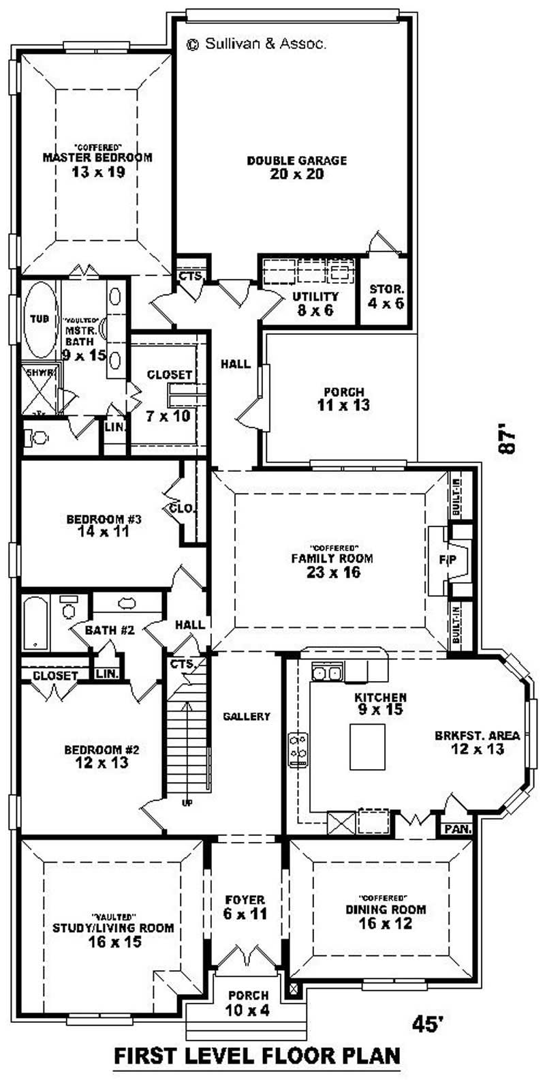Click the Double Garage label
[x=296, y=167]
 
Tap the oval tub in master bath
[x=42, y=320]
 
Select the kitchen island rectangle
[x=367, y=747]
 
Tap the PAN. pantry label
[x=454, y=829]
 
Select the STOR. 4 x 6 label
[x=386, y=296]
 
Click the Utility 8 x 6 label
[x=315, y=303]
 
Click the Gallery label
[x=247, y=717]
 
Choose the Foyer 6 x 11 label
[x=245, y=907]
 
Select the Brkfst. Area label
[x=477, y=742]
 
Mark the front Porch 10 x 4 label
[x=248, y=1002]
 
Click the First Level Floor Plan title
[x=258, y=1056]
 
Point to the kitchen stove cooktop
[x=298, y=749]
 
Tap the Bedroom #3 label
[x=104, y=525]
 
